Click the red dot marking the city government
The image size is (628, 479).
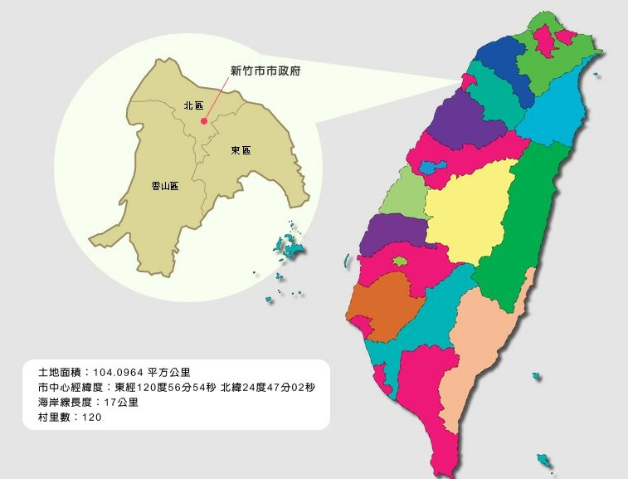pyautogui.click(x=204, y=121)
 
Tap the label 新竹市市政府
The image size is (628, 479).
pyautogui.click(x=265, y=71)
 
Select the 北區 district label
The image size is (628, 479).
pyautogui.click(x=193, y=106)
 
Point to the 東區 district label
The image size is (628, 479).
pyautogui.click(x=241, y=150)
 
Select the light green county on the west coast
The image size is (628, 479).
pyautogui.click(x=404, y=193)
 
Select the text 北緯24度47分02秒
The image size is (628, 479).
pyautogui.click(x=273, y=387)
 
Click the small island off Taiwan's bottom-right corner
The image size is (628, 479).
pyautogui.click(x=544, y=460)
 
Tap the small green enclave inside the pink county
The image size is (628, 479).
pyautogui.click(x=400, y=261)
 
